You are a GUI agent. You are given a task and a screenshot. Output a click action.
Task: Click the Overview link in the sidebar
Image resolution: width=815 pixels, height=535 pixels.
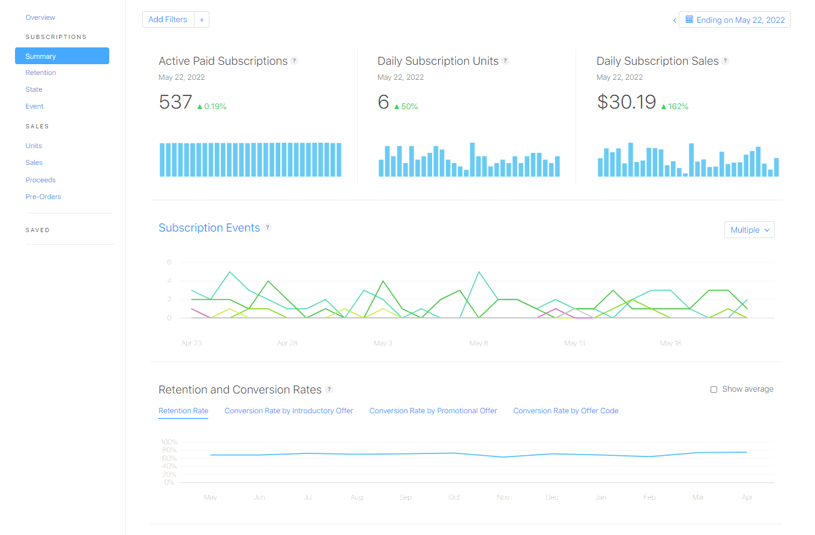(x=40, y=17)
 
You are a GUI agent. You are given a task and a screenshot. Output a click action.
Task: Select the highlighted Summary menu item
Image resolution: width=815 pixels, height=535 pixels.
(x=62, y=56)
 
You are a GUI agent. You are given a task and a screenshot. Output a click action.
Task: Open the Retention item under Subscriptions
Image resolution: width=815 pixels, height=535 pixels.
(x=41, y=73)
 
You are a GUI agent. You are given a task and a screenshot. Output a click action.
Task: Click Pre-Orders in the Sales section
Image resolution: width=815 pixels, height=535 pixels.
(x=43, y=197)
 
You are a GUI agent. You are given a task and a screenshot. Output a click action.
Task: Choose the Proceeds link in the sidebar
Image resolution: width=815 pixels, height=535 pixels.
(x=40, y=180)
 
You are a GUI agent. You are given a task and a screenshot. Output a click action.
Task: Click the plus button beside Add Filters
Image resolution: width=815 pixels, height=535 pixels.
(x=202, y=20)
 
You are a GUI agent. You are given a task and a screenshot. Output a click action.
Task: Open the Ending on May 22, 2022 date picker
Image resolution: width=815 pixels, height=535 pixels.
(x=735, y=20)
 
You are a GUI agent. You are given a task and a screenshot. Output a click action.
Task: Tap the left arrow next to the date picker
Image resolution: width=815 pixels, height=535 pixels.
(x=675, y=20)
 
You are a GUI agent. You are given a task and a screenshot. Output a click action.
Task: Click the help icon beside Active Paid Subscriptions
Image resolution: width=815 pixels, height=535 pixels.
(x=294, y=61)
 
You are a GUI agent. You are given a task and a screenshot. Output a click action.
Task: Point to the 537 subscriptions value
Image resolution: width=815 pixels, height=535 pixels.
(x=175, y=102)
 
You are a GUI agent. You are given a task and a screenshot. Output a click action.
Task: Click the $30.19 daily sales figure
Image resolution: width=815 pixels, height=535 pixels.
(x=626, y=102)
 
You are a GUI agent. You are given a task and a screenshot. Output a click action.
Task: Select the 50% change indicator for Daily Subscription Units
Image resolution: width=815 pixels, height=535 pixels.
(x=406, y=107)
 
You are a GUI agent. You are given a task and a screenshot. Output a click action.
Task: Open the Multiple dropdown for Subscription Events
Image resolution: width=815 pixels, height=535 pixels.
(x=750, y=230)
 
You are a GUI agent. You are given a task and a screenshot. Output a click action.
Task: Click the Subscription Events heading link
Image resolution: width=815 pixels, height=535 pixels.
(x=209, y=228)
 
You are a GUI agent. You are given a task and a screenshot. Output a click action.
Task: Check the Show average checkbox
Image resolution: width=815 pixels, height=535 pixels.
(x=714, y=389)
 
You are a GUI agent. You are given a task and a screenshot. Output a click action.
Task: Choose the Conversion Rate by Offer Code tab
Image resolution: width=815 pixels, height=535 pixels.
(x=565, y=411)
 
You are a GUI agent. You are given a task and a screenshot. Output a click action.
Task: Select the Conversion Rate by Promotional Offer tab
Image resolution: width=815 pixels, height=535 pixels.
(x=433, y=411)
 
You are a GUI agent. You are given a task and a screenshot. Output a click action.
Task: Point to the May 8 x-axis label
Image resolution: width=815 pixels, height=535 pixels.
(x=478, y=343)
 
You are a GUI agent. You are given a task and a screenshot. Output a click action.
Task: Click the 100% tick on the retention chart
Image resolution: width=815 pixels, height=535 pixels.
(x=169, y=442)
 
